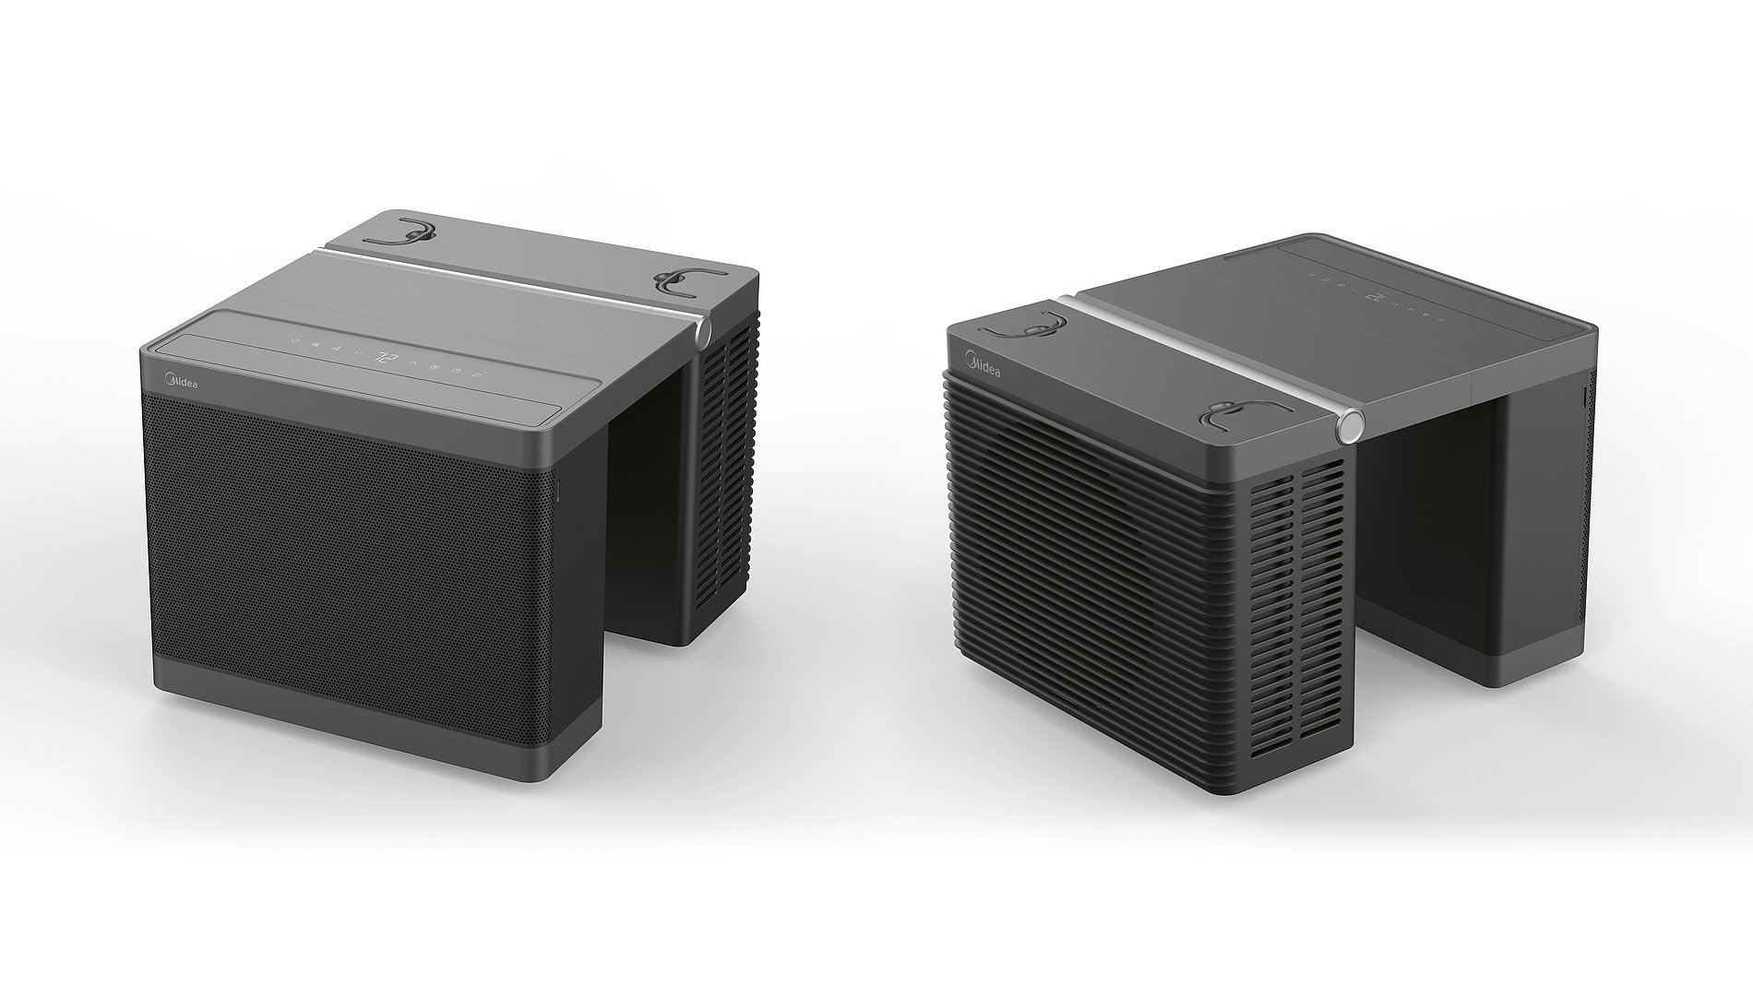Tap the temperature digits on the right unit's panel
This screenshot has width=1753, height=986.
(1375, 297)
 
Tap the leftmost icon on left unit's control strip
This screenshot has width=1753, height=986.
(294, 341)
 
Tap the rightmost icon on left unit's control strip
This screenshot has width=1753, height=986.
(477, 374)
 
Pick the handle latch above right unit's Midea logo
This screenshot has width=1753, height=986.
(1024, 327)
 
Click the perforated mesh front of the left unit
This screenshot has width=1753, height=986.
(351, 544)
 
